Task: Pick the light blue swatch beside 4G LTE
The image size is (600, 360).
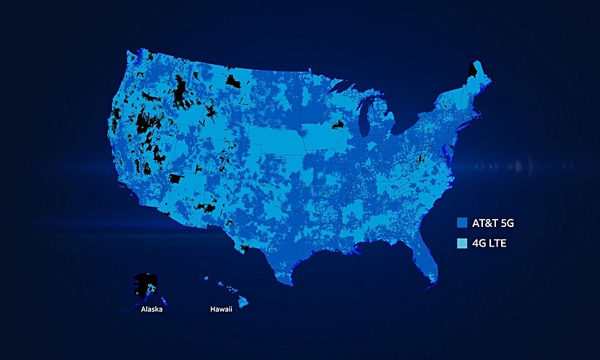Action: [460, 243]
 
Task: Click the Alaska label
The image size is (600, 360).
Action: [152, 310]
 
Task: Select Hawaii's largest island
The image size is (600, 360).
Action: [243, 300]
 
